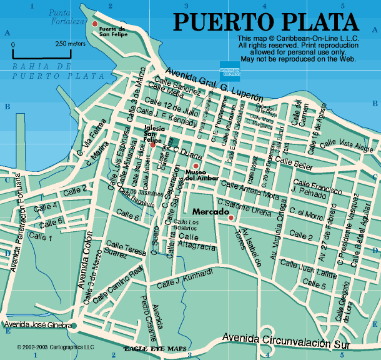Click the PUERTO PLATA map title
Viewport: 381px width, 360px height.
pos(265,21)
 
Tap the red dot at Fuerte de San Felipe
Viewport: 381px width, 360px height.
pos(95,24)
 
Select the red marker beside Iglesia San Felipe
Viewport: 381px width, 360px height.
pos(152,145)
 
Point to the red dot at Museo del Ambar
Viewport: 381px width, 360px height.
pos(195,166)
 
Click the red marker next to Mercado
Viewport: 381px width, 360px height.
pos(231,217)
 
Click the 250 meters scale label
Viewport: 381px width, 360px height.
pos(70,44)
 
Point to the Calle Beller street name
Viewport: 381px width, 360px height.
pos(294,162)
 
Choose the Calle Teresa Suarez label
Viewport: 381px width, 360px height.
pos(126,249)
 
